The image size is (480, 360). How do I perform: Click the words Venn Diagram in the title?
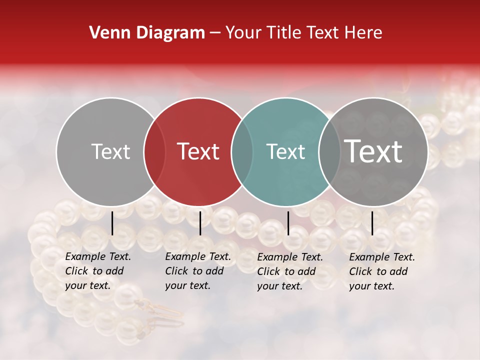tap(147, 33)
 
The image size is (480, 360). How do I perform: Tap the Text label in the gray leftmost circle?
tap(110, 151)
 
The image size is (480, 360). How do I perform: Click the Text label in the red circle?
tap(198, 151)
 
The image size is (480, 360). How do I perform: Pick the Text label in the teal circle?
tap(286, 151)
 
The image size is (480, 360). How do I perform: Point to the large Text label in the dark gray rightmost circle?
tap(373, 151)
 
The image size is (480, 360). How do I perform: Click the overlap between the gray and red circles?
tap(154, 152)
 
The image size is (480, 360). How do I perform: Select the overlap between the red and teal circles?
tap(242, 152)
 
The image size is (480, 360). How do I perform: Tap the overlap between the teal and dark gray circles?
tap(329, 152)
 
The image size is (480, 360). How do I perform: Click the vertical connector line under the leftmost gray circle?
tap(112, 223)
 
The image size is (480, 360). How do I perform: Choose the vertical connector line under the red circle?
tap(200, 223)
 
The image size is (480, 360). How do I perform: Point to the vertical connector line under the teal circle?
tap(288, 223)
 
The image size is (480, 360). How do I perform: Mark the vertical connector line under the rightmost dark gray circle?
tap(372, 223)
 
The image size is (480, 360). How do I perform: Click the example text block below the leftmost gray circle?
tap(98, 271)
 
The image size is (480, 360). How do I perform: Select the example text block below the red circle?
tap(198, 271)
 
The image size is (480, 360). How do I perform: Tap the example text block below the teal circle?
tap(290, 271)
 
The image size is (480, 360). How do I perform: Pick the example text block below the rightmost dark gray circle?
tap(382, 271)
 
